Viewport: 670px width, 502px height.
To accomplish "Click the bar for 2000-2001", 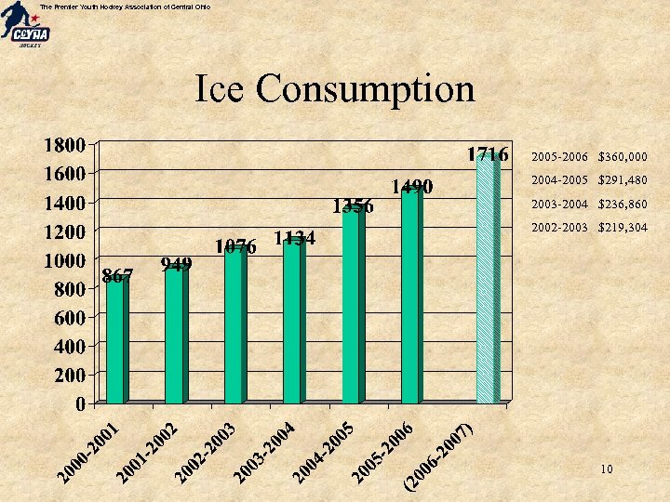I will (x=115, y=339).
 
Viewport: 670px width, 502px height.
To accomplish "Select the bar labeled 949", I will (x=174, y=335).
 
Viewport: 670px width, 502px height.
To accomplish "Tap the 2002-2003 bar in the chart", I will (x=233, y=325).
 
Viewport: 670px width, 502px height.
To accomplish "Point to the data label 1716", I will (x=488, y=154).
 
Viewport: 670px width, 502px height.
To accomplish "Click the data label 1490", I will (x=411, y=188).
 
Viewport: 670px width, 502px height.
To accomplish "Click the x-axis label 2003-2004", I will (x=265, y=453).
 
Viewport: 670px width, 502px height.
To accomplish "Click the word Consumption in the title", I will (x=365, y=89).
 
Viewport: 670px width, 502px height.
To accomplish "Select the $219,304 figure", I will (x=623, y=227).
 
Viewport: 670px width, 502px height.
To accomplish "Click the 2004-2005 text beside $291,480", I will (x=559, y=180).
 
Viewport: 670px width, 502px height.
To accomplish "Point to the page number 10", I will (x=606, y=469).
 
